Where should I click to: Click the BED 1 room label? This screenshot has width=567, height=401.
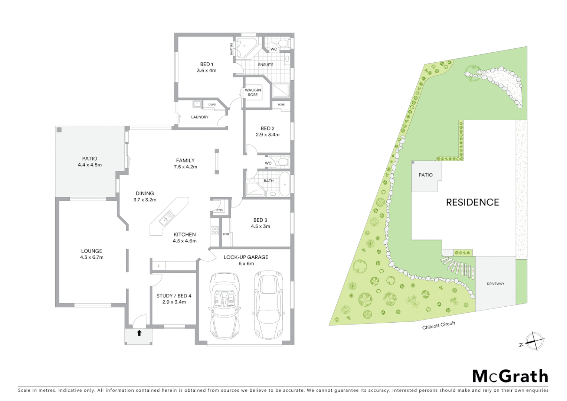point(207,64)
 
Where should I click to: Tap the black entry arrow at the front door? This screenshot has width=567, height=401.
point(139,333)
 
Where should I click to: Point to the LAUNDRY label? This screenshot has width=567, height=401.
point(200,117)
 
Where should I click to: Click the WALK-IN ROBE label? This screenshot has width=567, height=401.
point(253,92)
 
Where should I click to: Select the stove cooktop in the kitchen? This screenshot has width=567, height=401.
point(215,231)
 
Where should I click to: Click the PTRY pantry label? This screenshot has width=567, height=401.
point(220,211)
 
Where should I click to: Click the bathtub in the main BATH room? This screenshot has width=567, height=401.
point(285,184)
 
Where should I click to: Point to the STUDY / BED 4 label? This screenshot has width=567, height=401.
point(174,296)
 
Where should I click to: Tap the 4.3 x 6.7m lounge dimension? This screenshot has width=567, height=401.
point(92,257)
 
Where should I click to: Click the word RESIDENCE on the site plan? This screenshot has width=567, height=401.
point(472,202)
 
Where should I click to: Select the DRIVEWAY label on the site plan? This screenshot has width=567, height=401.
point(495,284)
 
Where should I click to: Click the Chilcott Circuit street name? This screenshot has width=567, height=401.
point(439,326)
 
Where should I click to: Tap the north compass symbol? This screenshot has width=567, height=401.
point(534,341)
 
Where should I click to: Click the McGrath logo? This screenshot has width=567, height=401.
point(510,376)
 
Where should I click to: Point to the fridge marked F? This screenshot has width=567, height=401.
point(158,266)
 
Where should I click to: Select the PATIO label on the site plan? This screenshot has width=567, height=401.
point(426,175)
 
